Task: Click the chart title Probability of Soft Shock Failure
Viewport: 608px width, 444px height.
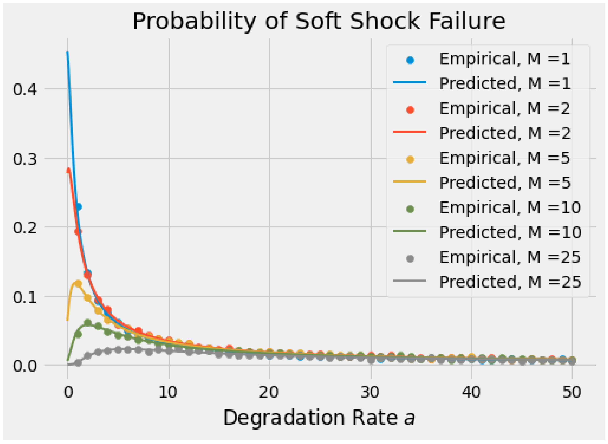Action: pyautogui.click(x=319, y=22)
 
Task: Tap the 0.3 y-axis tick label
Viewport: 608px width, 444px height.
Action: pyautogui.click(x=25, y=159)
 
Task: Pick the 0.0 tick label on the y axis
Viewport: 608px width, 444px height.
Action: pyautogui.click(x=25, y=366)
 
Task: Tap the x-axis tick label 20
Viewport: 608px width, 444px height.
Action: pyautogui.click(x=269, y=392)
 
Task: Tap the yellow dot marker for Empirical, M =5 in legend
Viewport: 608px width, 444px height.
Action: pyautogui.click(x=410, y=160)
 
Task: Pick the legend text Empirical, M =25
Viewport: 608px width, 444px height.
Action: pyautogui.click(x=509, y=257)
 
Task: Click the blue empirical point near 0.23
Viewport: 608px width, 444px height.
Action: pyautogui.click(x=78, y=207)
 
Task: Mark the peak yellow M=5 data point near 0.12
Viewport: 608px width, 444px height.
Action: pyautogui.click(x=78, y=284)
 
